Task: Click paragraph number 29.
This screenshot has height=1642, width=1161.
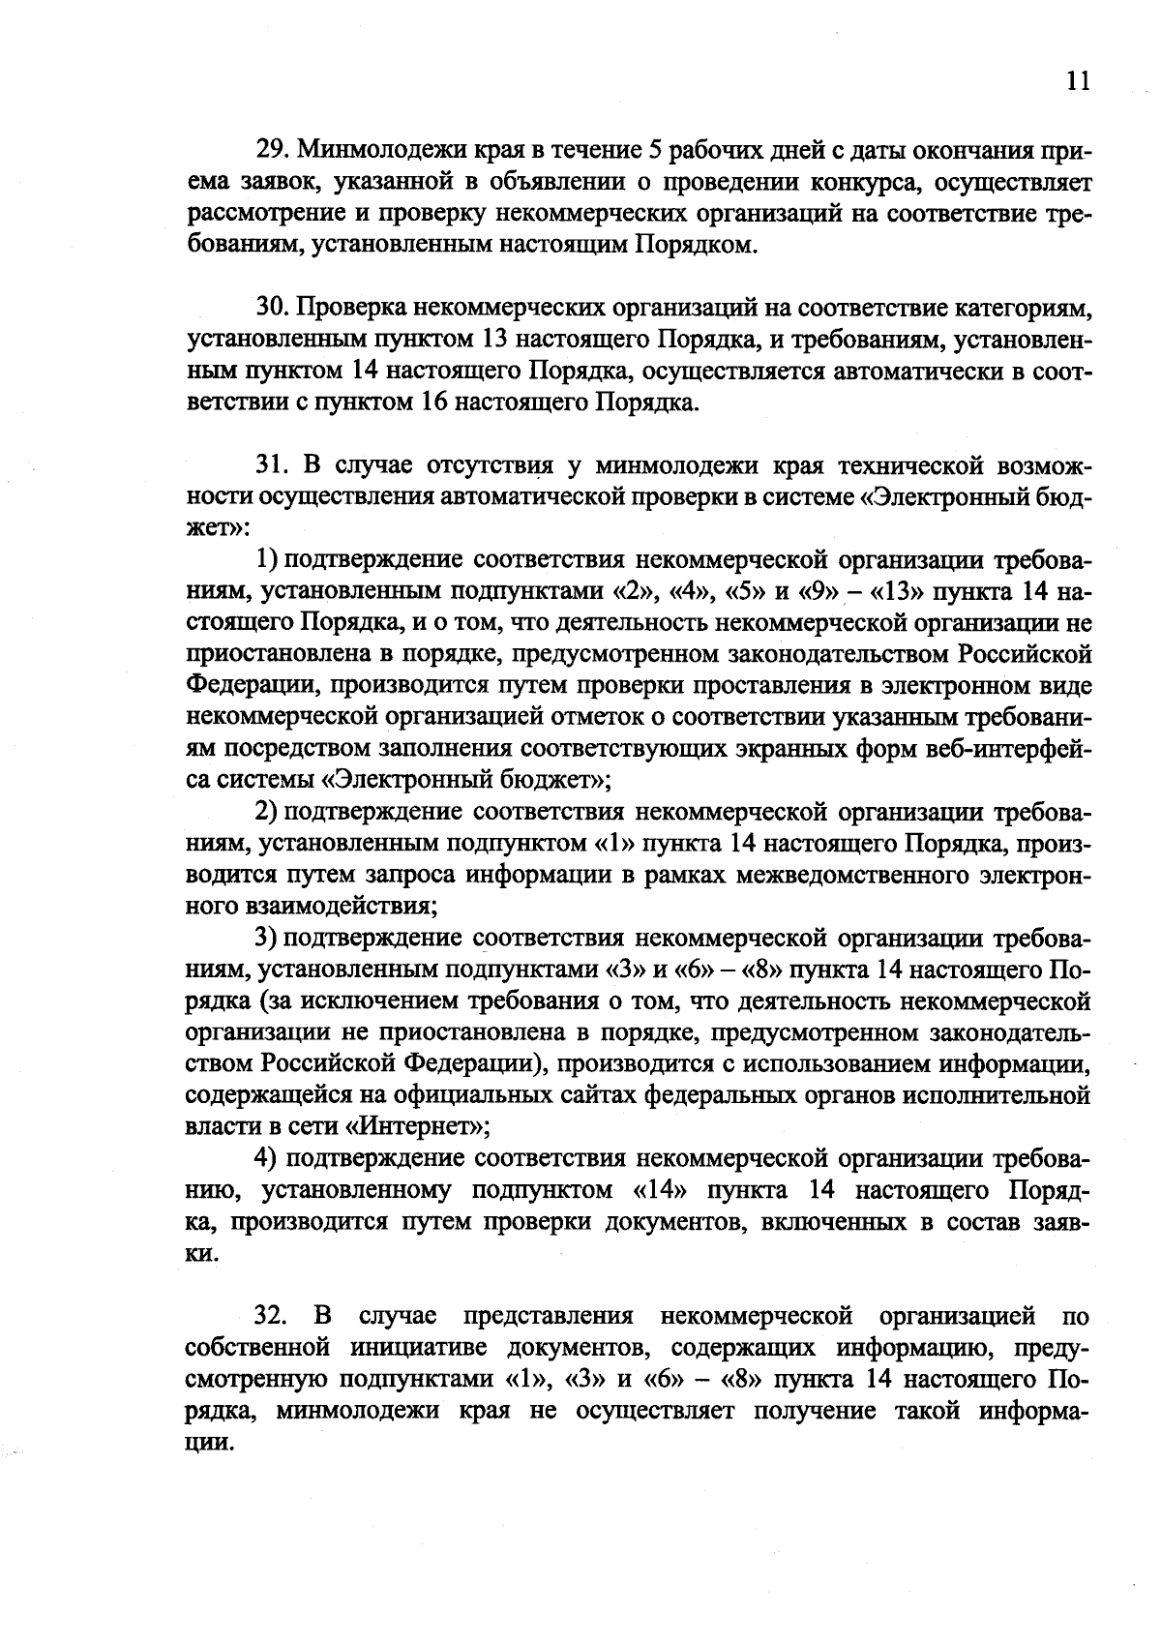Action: (271, 150)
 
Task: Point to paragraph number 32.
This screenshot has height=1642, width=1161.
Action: (272, 1316)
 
